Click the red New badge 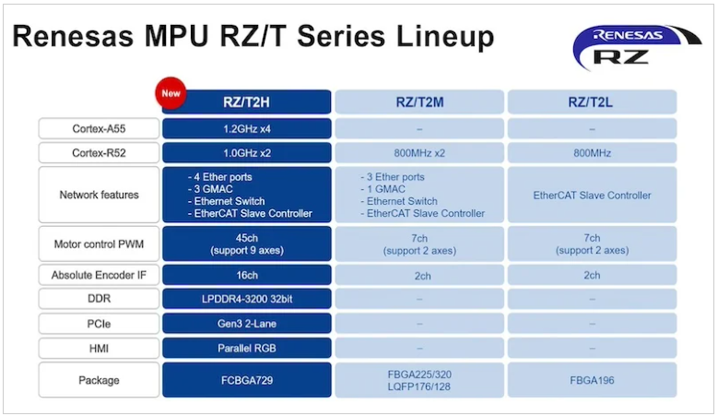pyautogui.click(x=171, y=93)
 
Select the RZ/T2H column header pyautogui.click(x=247, y=101)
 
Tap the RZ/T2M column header pyautogui.click(x=419, y=101)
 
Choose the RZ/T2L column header pyautogui.click(x=592, y=101)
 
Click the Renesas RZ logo pyautogui.click(x=637, y=48)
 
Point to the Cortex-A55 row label pyautogui.click(x=99, y=129)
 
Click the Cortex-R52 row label pyautogui.click(x=99, y=153)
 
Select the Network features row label pyautogui.click(x=99, y=195)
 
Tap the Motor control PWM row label pyautogui.click(x=99, y=244)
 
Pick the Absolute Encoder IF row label pyautogui.click(x=99, y=275)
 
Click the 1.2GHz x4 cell pyautogui.click(x=247, y=129)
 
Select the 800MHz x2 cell pyautogui.click(x=419, y=153)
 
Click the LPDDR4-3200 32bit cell pyautogui.click(x=247, y=299)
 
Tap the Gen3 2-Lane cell pyautogui.click(x=247, y=324)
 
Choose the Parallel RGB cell pyautogui.click(x=247, y=348)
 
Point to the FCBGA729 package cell pyautogui.click(x=247, y=380)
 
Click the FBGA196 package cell pyautogui.click(x=592, y=380)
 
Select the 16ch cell pyautogui.click(x=247, y=275)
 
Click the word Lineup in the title pyautogui.click(x=445, y=37)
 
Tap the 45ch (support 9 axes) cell pyautogui.click(x=247, y=244)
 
